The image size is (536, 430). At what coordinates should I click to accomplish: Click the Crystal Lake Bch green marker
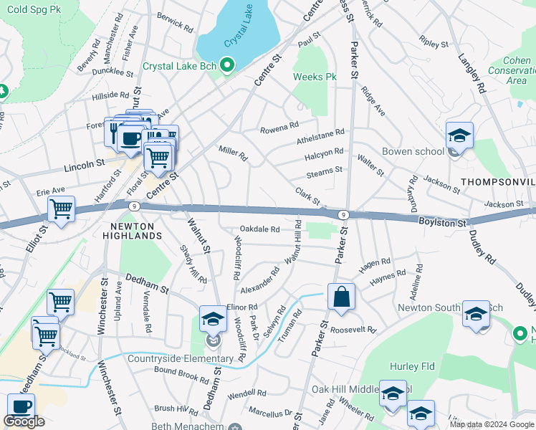pos(229,67)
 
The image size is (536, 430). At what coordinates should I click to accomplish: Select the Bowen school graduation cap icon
pos(459,135)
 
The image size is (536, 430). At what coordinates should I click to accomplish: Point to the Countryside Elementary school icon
pos(213,318)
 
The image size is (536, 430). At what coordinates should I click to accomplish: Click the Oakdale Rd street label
pos(259,229)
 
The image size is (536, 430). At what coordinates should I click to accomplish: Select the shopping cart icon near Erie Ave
pos(62,209)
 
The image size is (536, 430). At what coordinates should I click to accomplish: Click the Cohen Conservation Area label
pos(511,71)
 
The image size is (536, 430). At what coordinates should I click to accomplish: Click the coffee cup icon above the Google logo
pos(21,406)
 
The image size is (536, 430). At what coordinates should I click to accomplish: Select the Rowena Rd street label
pos(279,127)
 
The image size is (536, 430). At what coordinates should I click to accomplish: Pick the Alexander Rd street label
pos(259,281)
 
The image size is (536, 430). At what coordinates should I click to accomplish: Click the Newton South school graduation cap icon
pos(476,313)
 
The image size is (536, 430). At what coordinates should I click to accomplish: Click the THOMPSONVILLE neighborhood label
pos(497,182)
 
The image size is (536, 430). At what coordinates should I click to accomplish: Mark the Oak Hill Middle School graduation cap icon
pos(393,393)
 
